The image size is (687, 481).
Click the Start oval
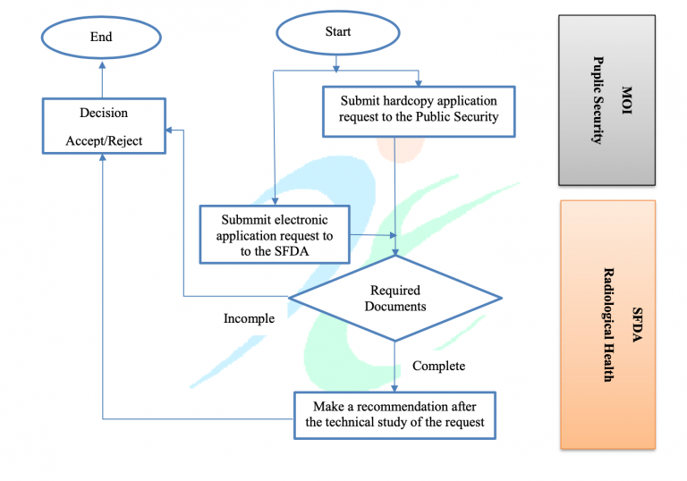pos(338,33)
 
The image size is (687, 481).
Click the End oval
pos(101,38)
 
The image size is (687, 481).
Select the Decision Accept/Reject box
pos(104,126)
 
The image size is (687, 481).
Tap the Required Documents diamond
pos(394,298)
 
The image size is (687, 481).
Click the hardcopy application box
pos(419,112)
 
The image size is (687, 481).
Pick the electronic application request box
pos(275,234)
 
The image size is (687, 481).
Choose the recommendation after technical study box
pos(394,415)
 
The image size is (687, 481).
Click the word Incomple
pos(249,318)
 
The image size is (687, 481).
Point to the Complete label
pos(438,366)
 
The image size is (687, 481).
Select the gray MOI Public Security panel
pos(606,100)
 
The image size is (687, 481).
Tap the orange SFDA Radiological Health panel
pos(607,325)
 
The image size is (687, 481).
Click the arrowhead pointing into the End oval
pos(102,65)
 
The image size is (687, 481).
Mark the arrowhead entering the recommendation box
pos(394,388)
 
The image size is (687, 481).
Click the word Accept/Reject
pos(104,141)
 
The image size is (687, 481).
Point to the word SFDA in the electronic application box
pos(292,251)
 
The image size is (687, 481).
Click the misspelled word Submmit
pos(244,219)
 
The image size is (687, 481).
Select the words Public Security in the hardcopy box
pos(457,116)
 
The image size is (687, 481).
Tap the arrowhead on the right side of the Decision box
pos(170,130)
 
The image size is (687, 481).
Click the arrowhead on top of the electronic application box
pos(276,201)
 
